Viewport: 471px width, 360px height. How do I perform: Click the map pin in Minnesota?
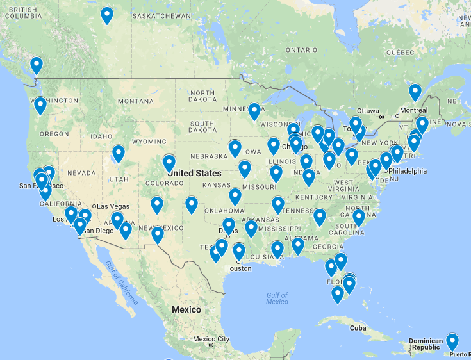pyautogui.click(x=254, y=111)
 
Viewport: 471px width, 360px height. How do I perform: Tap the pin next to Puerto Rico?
pyautogui.click(x=452, y=341)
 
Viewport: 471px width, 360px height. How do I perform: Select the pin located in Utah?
pyautogui.click(x=119, y=153)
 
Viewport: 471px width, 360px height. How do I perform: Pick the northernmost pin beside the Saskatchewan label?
pyautogui.click(x=107, y=15)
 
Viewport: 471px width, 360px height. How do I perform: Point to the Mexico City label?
pyautogui.click(x=211, y=339)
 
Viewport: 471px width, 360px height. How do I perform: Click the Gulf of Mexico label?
pyautogui.click(x=277, y=299)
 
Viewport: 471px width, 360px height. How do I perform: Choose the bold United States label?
pyautogui.click(x=194, y=173)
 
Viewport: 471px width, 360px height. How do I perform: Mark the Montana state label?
pyautogui.click(x=136, y=101)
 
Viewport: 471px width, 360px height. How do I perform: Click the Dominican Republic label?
pyautogui.click(x=426, y=344)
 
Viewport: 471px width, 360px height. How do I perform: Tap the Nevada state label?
pyautogui.click(x=81, y=173)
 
